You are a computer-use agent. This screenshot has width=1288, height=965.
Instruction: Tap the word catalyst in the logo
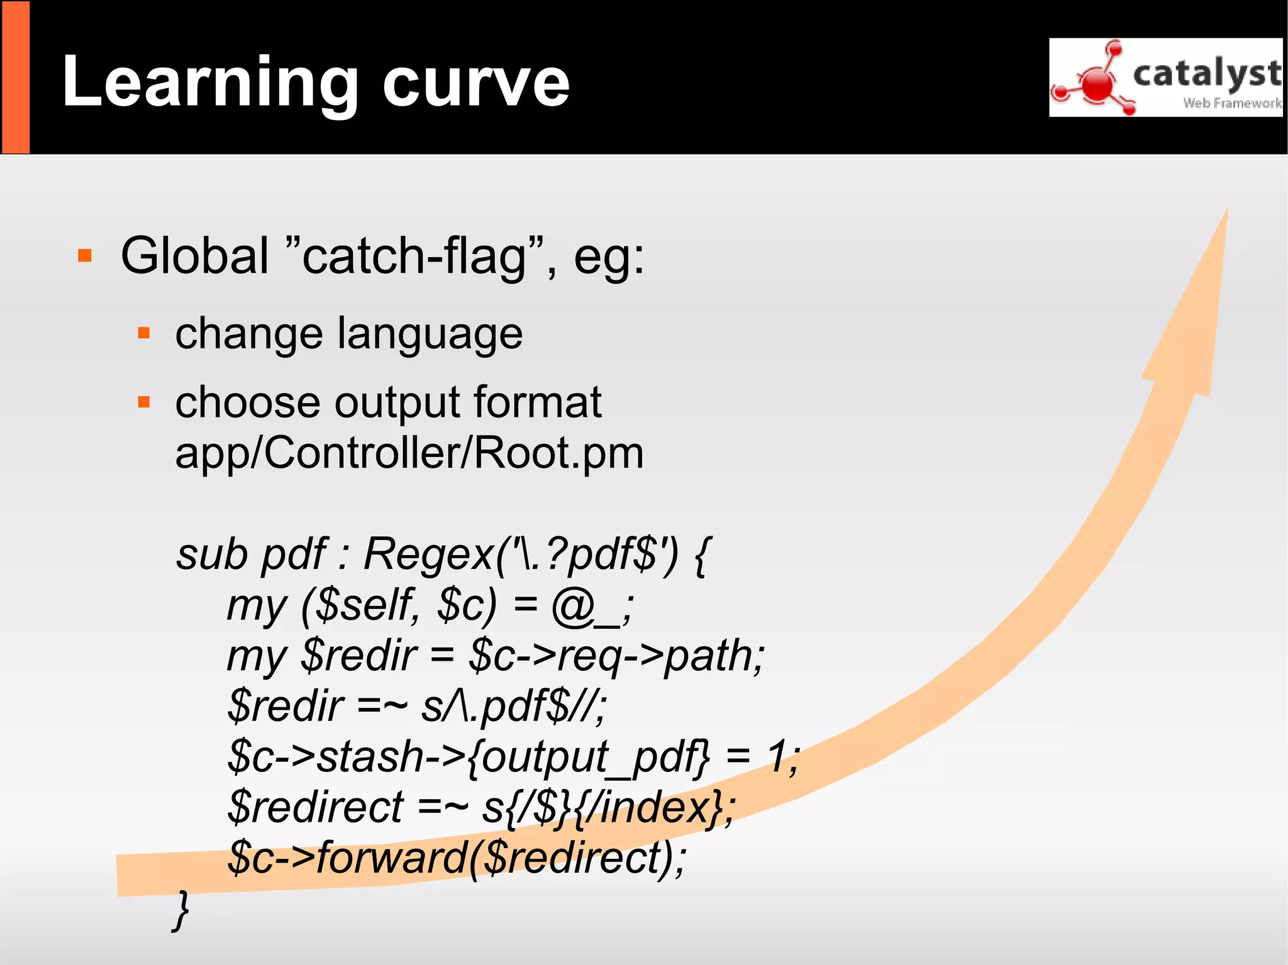tap(1206, 73)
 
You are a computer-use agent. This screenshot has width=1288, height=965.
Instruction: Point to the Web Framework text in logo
tap(1231, 103)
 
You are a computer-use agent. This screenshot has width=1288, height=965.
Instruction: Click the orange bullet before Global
tap(85, 256)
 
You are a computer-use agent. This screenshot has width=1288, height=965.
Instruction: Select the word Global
tap(195, 256)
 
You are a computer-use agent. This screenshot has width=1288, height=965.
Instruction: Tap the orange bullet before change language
tap(144, 333)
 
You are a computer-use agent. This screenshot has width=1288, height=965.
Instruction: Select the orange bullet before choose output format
tap(144, 402)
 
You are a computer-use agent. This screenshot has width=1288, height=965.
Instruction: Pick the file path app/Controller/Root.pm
tap(409, 453)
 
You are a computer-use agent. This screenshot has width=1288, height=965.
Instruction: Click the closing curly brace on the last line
tap(181, 910)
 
